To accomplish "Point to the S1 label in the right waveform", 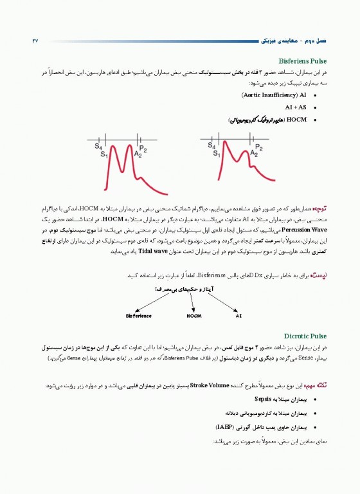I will click(217, 155).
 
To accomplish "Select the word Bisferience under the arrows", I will click(139, 316).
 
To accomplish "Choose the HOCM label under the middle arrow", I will click(194, 316).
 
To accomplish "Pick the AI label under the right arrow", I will click(239, 316).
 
